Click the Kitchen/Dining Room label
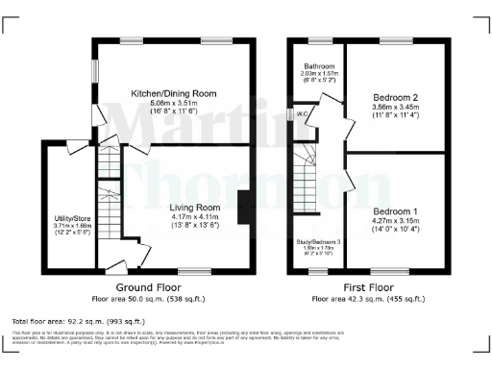(174, 93)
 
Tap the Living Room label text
(195, 208)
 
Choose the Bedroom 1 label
(395, 210)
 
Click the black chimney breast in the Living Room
(243, 206)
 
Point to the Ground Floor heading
(149, 286)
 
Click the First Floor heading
(369, 286)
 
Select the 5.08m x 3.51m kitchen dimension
(174, 103)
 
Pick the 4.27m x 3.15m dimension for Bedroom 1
(395, 220)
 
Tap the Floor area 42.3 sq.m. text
(369, 299)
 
